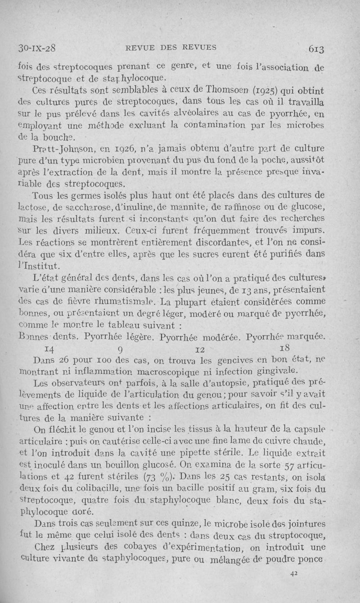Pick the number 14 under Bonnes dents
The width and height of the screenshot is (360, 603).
pos(50,348)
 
